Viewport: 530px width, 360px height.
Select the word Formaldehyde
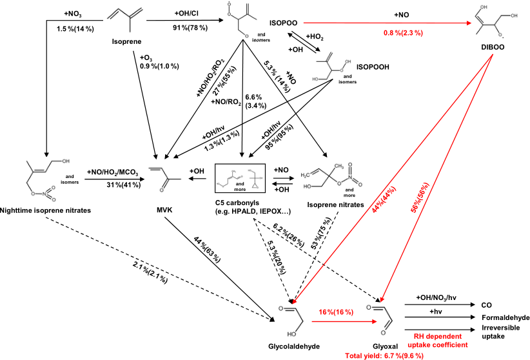coord(505,318)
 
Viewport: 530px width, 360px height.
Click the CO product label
coord(487,304)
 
